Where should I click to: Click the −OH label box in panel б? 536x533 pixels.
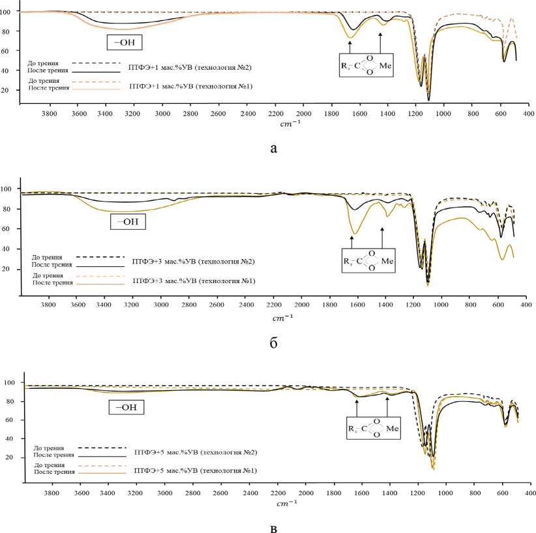[128, 222]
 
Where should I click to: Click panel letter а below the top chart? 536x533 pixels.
[273, 149]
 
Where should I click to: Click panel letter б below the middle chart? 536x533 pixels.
[274, 343]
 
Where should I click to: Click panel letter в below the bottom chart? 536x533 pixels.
[273, 527]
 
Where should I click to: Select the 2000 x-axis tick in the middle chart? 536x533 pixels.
[301, 305]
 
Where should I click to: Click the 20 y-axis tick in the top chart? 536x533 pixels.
[12, 90]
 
